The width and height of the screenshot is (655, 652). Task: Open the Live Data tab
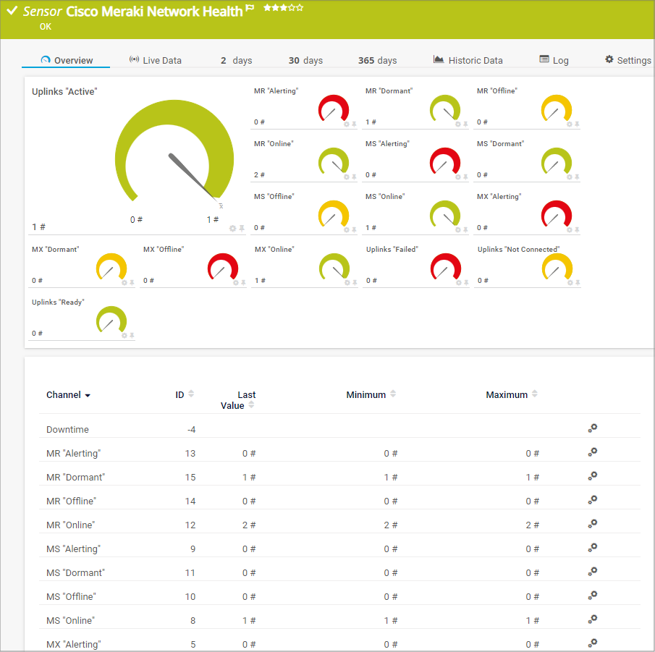tap(156, 60)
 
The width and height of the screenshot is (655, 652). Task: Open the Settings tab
tap(628, 60)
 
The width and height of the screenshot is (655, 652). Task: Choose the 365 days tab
tap(377, 60)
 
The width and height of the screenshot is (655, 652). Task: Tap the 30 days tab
tap(305, 60)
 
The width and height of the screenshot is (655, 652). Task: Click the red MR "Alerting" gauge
tap(334, 109)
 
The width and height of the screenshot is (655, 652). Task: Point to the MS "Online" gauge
tap(445, 214)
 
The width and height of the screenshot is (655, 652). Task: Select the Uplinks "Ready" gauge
tap(111, 320)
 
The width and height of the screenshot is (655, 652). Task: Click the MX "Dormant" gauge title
tap(56, 250)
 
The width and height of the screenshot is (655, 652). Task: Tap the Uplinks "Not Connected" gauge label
tap(518, 250)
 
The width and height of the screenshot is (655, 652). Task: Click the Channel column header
tap(68, 395)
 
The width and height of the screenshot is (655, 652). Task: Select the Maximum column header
tap(507, 395)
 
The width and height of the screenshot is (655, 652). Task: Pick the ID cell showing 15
tap(190, 478)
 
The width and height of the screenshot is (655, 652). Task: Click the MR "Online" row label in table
tap(71, 525)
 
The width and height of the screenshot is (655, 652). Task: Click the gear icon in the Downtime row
tap(593, 428)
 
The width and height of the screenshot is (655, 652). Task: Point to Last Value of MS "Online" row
tap(249, 621)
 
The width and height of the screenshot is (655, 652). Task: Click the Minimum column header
tap(366, 395)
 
